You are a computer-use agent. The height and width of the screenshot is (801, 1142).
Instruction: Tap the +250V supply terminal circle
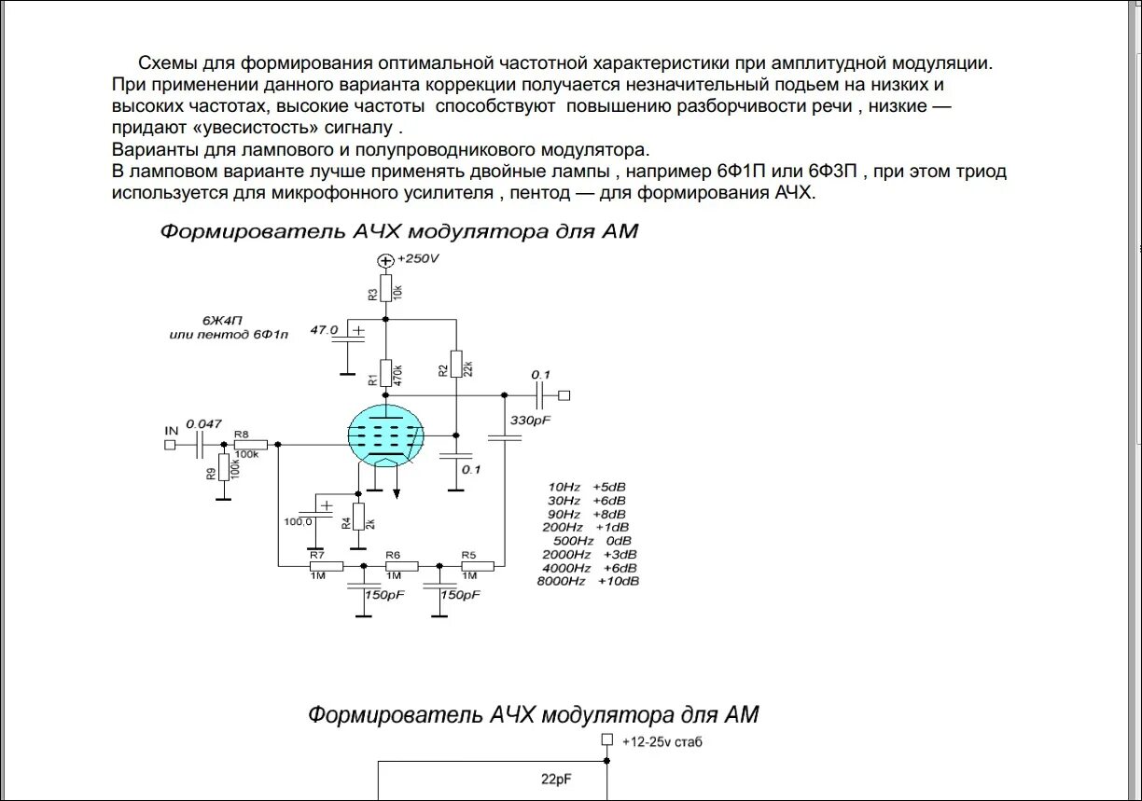tap(385, 260)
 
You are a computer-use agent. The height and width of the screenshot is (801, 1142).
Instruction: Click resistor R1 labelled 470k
tap(385, 373)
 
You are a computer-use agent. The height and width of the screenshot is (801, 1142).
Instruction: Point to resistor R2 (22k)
tap(455, 365)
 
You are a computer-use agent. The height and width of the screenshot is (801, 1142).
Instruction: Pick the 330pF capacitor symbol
tap(504, 437)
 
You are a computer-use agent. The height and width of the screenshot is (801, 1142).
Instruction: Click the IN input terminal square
tap(170, 445)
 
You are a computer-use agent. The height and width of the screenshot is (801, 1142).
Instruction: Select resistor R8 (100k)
tap(250, 445)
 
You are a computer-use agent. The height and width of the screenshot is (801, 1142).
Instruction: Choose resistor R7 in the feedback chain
tap(327, 565)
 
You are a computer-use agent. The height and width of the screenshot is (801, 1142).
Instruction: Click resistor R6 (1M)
tap(402, 565)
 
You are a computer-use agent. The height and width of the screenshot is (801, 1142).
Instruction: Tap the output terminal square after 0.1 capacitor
tap(564, 395)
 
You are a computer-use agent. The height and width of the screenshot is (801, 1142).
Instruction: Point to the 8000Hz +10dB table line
tap(589, 582)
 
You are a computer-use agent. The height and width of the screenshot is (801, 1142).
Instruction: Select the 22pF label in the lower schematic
tap(558, 779)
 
